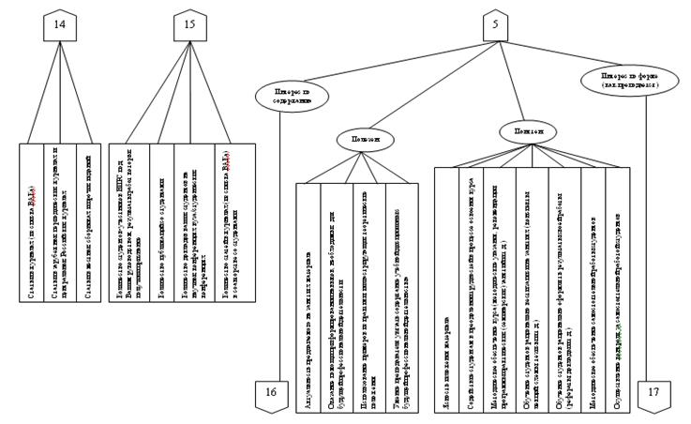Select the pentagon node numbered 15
(x=189, y=28)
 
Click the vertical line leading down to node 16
(x=278, y=244)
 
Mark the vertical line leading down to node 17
(x=647, y=235)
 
